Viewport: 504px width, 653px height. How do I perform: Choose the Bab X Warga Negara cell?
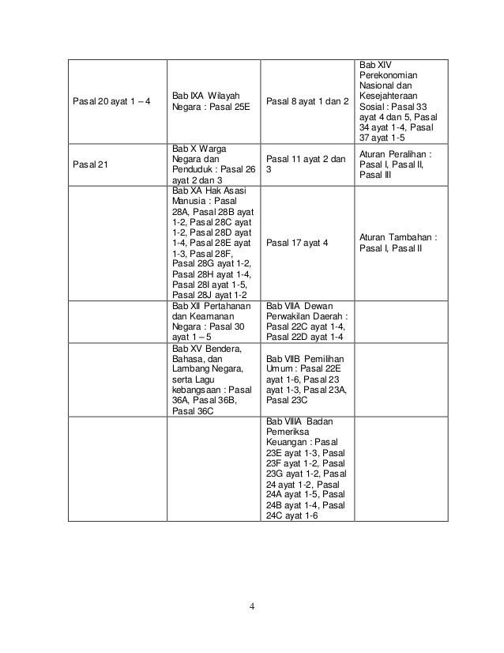point(213,164)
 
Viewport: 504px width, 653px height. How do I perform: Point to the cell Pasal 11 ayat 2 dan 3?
point(306,164)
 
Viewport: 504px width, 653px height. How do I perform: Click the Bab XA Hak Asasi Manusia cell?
point(213,242)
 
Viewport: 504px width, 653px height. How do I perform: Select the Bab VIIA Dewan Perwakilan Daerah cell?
point(307,321)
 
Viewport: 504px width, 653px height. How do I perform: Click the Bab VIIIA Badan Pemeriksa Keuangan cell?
point(307,467)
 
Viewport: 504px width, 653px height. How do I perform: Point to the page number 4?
point(251,607)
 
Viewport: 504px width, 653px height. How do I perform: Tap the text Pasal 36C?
point(193,412)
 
